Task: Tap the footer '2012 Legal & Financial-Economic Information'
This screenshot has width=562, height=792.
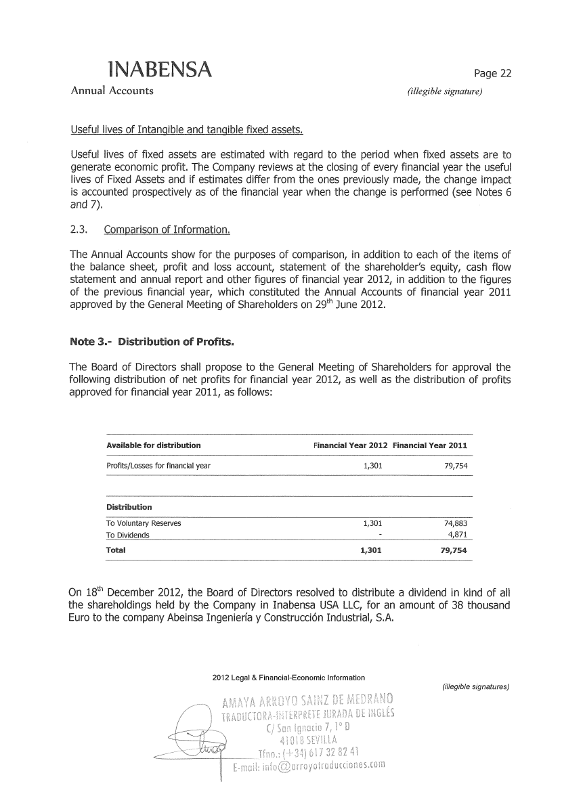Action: (288, 678)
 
